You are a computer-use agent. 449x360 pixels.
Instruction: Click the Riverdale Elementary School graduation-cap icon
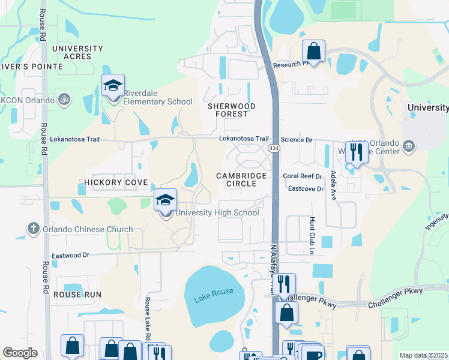(x=112, y=86)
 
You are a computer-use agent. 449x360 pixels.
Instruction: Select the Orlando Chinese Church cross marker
(x=34, y=229)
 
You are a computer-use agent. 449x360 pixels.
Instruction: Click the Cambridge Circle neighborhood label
(x=241, y=179)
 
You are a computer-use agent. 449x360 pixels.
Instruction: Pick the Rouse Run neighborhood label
(x=77, y=295)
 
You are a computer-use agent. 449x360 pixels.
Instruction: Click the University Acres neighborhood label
(x=77, y=52)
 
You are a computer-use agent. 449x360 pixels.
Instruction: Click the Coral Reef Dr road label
(x=303, y=176)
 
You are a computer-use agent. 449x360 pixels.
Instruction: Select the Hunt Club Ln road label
(x=312, y=235)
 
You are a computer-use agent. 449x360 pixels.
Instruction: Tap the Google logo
(x=20, y=353)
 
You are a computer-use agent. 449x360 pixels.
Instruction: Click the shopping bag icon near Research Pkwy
(x=313, y=51)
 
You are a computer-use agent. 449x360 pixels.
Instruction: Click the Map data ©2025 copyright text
(x=423, y=355)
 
